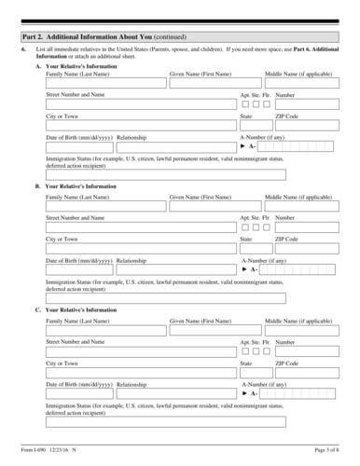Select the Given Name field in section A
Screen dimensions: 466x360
(x=215, y=83)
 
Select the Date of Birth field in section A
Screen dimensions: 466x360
(x=78, y=147)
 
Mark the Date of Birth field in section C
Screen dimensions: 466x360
(x=78, y=395)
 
